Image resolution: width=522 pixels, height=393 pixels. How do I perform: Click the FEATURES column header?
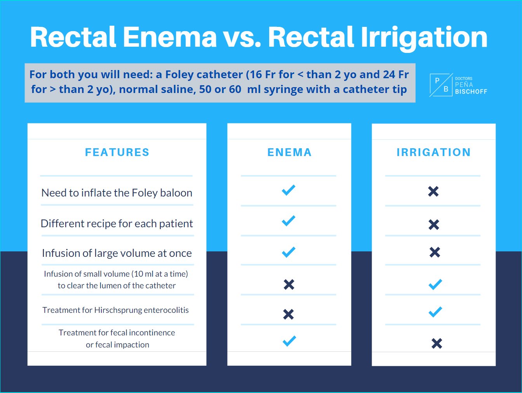click(117, 152)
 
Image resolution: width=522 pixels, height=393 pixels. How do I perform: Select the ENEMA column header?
click(289, 152)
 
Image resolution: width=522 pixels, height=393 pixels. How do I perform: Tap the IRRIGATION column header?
click(433, 152)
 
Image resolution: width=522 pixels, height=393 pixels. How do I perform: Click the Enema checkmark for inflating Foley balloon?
click(289, 190)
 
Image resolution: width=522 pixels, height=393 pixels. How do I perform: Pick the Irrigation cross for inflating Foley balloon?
click(433, 191)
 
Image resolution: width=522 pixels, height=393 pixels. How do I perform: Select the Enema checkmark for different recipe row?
click(289, 221)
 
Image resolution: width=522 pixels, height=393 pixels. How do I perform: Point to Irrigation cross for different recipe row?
click(433, 225)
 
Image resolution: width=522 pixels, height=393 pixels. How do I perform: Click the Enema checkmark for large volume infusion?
click(289, 252)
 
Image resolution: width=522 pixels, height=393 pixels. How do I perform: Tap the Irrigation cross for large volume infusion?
click(435, 252)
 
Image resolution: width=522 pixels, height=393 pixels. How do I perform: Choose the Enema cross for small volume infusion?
click(289, 284)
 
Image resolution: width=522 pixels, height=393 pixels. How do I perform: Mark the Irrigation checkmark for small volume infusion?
click(435, 284)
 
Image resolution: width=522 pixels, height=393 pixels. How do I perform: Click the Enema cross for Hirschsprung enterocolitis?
click(289, 314)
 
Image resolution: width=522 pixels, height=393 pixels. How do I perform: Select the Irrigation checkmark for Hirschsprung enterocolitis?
click(435, 312)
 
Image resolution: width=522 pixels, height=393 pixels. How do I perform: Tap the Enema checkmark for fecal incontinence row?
click(289, 341)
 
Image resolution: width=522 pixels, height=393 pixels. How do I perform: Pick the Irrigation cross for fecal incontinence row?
click(437, 343)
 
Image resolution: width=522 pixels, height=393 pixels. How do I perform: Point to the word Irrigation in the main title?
click(424, 37)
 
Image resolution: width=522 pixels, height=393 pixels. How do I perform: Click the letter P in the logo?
click(437, 81)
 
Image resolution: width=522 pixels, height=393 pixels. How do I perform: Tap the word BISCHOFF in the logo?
click(471, 92)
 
